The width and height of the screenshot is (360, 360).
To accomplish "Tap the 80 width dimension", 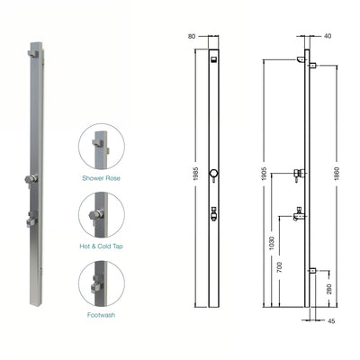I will [191, 37].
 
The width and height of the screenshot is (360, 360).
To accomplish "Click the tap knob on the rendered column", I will [32, 179].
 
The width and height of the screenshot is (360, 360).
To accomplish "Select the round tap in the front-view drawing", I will [214, 174].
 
